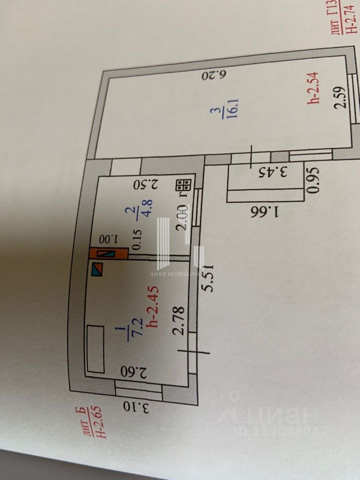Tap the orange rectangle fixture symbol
[x=107, y=253]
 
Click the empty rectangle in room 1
[x=95, y=348]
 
